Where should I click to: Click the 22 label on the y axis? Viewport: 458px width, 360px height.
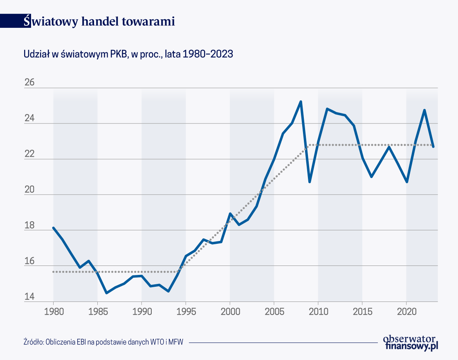pyautogui.click(x=29, y=154)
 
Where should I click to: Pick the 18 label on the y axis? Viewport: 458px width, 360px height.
pyautogui.click(x=29, y=225)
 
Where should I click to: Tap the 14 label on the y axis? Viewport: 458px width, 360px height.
pyautogui.click(x=29, y=297)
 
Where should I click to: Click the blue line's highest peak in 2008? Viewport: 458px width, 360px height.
pyautogui.click(x=301, y=101)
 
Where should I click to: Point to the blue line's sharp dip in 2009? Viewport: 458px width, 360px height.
pyautogui.click(x=310, y=182)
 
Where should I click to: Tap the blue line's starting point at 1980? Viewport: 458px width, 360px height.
pyautogui.click(x=54, y=228)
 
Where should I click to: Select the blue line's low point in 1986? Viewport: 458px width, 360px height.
pyautogui.click(x=106, y=293)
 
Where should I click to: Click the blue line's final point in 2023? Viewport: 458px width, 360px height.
pyautogui.click(x=433, y=146)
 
